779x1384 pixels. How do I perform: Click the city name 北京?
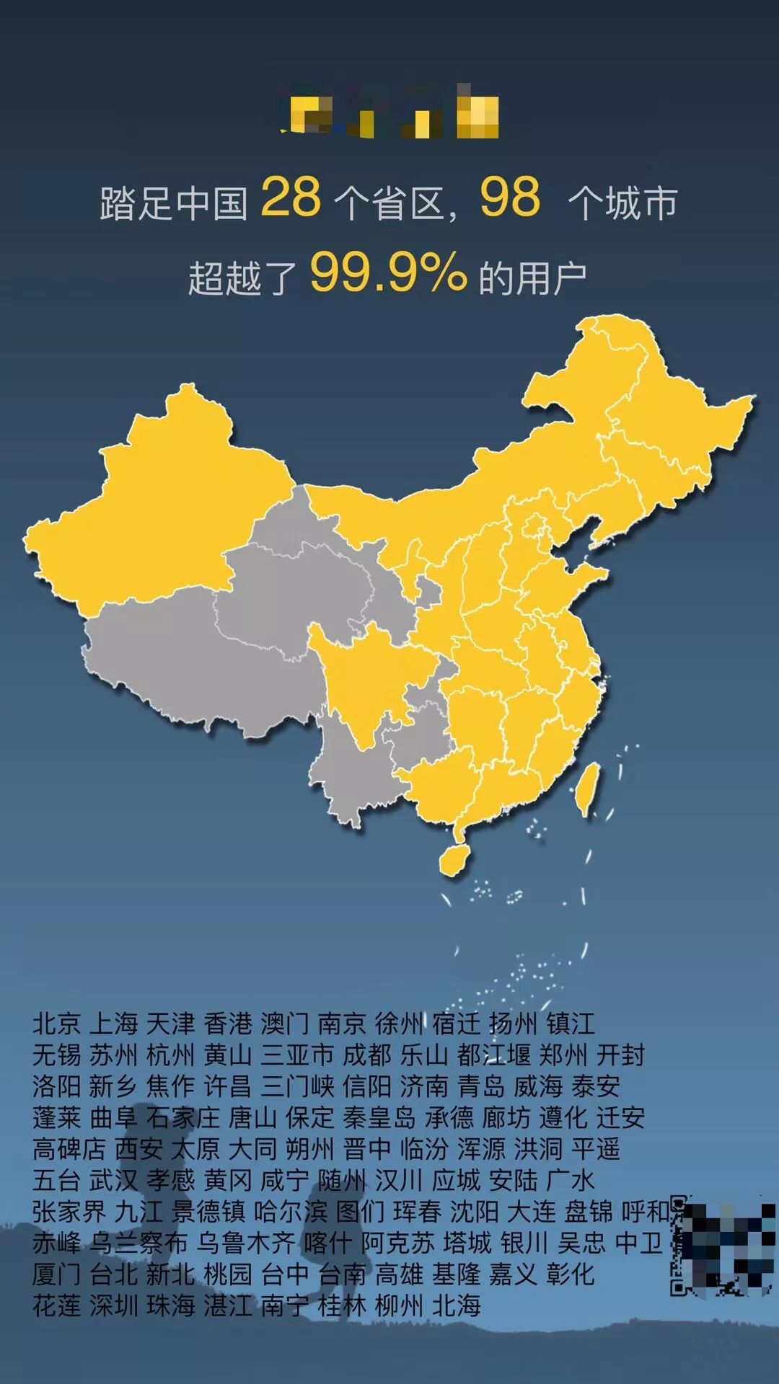click(56, 1024)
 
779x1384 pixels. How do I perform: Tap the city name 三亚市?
click(297, 1055)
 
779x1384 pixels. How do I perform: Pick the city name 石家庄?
click(182, 1118)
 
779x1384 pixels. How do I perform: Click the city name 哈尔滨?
click(291, 1212)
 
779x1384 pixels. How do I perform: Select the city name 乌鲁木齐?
click(246, 1243)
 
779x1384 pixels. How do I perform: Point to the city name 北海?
click(457, 1305)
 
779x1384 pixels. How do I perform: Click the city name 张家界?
click(69, 1212)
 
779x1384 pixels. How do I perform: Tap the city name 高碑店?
click(69, 1149)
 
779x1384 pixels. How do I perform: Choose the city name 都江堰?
click(493, 1055)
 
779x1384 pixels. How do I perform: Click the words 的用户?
click(533, 278)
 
